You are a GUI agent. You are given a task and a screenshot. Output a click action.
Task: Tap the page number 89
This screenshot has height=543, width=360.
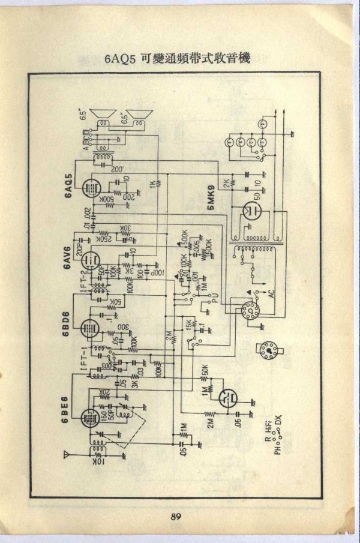(x=175, y=517)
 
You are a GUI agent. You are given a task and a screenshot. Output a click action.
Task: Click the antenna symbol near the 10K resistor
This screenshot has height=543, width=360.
(x=67, y=454)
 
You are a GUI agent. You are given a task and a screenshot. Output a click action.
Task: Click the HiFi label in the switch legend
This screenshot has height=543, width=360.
(x=269, y=428)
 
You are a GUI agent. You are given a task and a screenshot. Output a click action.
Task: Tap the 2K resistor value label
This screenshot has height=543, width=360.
(x=226, y=181)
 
